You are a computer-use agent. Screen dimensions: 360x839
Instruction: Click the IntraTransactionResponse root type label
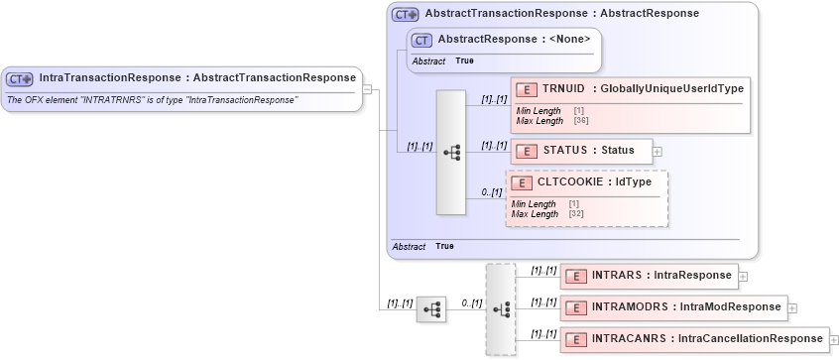point(196,77)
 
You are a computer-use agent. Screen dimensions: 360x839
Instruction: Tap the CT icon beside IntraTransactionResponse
point(20,78)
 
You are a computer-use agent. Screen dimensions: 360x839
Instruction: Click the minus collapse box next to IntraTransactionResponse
point(367,88)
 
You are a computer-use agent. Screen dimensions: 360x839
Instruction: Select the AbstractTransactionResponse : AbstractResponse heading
point(560,14)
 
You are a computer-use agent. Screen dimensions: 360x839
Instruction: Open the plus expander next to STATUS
point(658,151)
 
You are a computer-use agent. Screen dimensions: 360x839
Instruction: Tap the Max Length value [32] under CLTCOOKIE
point(576,214)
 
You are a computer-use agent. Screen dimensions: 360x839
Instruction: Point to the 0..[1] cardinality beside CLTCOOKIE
point(490,193)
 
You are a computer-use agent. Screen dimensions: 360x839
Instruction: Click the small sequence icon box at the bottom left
point(431,309)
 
